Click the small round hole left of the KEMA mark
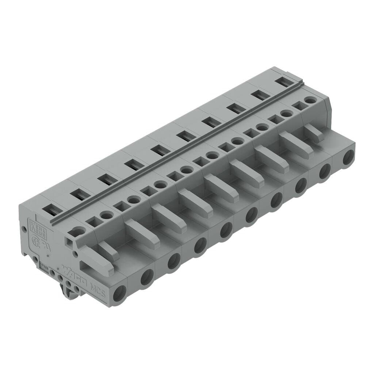(24, 230)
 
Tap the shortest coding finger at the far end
(313, 131)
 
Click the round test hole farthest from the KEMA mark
(310, 100)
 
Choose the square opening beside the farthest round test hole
(299, 106)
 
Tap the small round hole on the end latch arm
(75, 253)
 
